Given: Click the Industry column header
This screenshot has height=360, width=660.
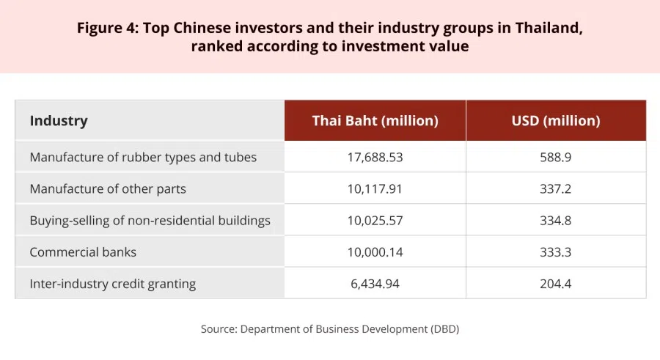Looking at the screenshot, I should tap(59, 121).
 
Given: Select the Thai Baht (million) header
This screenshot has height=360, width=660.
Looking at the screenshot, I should tap(375, 121).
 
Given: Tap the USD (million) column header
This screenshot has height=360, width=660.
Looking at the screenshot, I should tap(556, 121).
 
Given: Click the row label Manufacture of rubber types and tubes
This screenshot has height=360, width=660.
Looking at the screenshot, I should tap(143, 157).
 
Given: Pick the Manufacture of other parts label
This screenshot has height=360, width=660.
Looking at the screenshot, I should tap(108, 188).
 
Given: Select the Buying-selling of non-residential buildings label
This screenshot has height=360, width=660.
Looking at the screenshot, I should tap(150, 220).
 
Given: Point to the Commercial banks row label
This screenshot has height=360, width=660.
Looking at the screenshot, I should tap(83, 251).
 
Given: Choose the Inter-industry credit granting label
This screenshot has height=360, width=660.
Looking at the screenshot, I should tap(113, 283).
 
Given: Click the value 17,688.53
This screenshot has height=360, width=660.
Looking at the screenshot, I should tap(375, 157).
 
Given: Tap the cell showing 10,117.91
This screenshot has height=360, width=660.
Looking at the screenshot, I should tap(375, 188).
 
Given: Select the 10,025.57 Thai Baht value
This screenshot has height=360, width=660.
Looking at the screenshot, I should tap(375, 220).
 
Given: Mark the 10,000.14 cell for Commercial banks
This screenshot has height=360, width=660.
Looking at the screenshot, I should tap(375, 251).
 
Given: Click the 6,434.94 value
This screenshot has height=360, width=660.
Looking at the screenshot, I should tap(375, 283).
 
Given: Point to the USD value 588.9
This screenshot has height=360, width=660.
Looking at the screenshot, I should tap(556, 157).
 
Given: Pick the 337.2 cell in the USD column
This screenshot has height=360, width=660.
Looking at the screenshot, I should tap(556, 188).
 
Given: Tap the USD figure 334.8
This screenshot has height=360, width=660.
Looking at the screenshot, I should tap(556, 220).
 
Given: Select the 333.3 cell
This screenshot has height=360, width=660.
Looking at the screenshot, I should tap(556, 251).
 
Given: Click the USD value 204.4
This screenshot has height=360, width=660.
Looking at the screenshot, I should tap(556, 283).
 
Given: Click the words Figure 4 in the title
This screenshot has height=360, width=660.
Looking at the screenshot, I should tap(106, 29).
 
